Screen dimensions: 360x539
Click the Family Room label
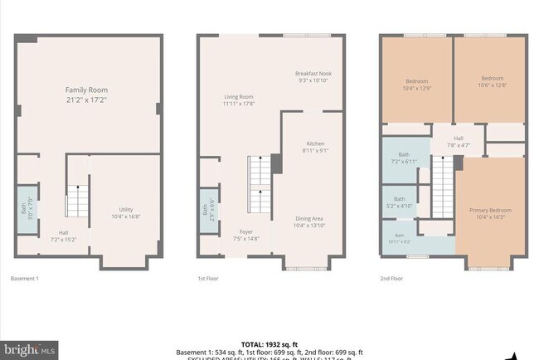[x=87, y=95]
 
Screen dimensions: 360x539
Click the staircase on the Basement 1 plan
[x=76, y=202]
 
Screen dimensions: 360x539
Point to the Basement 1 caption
[x=24, y=279]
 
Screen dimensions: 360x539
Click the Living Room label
[x=238, y=100]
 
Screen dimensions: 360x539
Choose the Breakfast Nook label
[x=313, y=76]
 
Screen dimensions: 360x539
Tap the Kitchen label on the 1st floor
[x=315, y=147]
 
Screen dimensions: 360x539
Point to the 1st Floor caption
[x=208, y=279]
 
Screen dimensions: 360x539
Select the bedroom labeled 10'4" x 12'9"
[x=416, y=85]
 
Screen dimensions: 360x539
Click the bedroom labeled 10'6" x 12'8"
[x=489, y=85]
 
